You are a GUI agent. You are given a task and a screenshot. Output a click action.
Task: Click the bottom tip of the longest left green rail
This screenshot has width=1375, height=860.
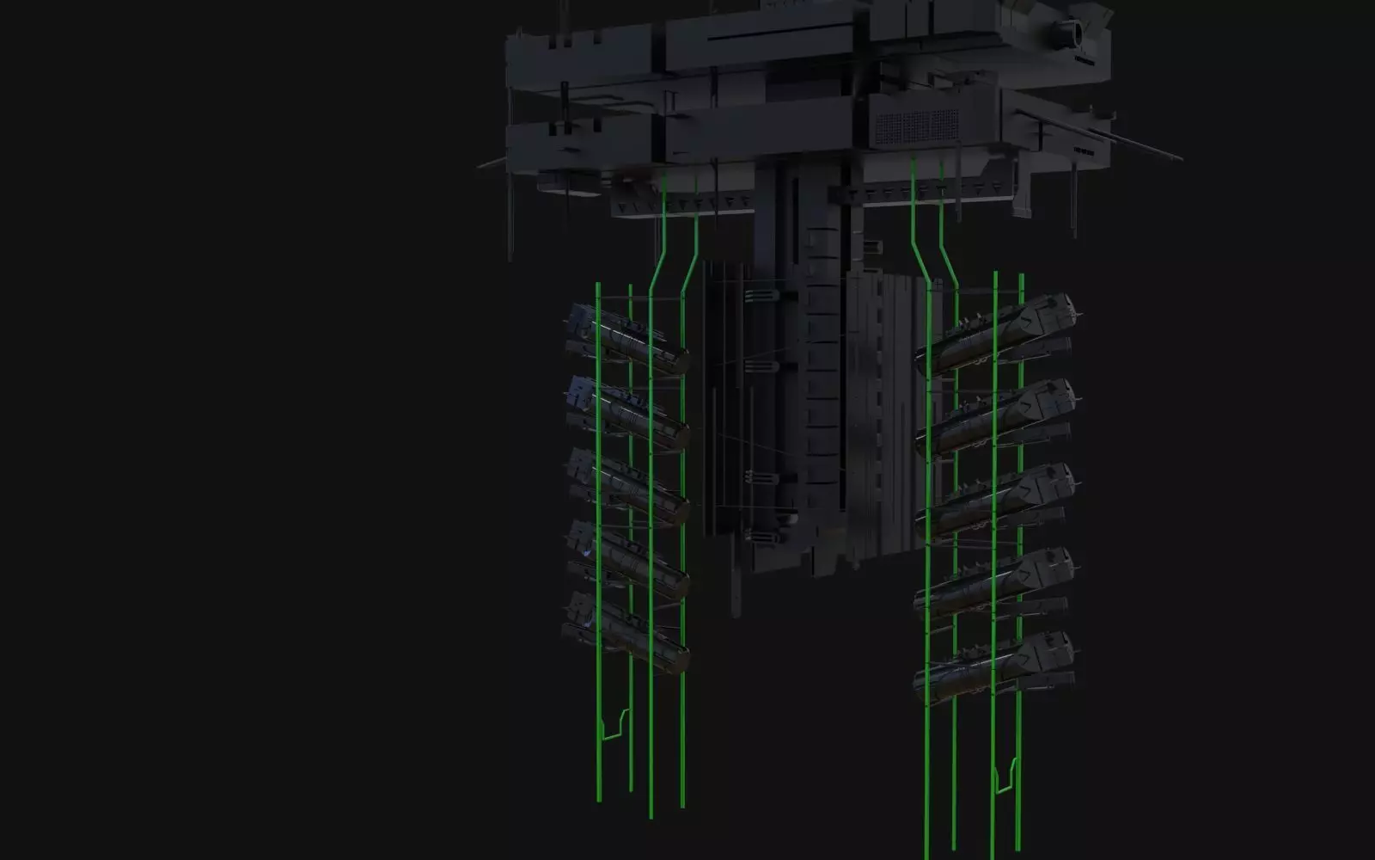pos(651,815)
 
